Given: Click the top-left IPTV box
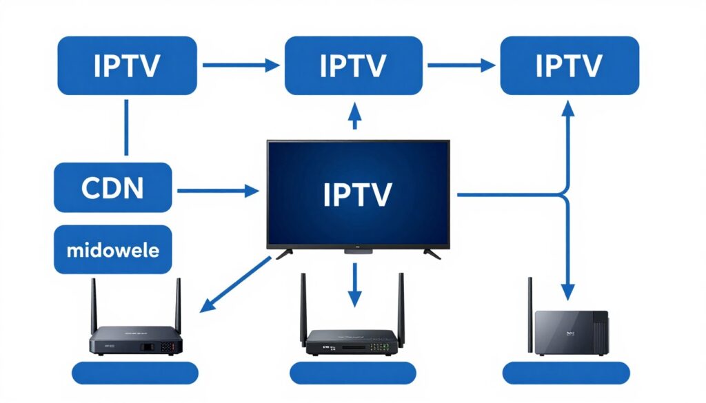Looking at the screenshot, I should click(126, 65).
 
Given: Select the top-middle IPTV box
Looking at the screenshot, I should click(354, 65).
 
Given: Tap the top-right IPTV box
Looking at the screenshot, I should click(569, 65).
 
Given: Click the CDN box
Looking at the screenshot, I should click(113, 187).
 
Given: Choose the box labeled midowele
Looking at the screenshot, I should click(113, 249).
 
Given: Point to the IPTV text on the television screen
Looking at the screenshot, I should click(357, 194).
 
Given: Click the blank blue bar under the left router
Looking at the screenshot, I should click(135, 373).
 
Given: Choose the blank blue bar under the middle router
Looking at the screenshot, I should click(352, 373).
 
